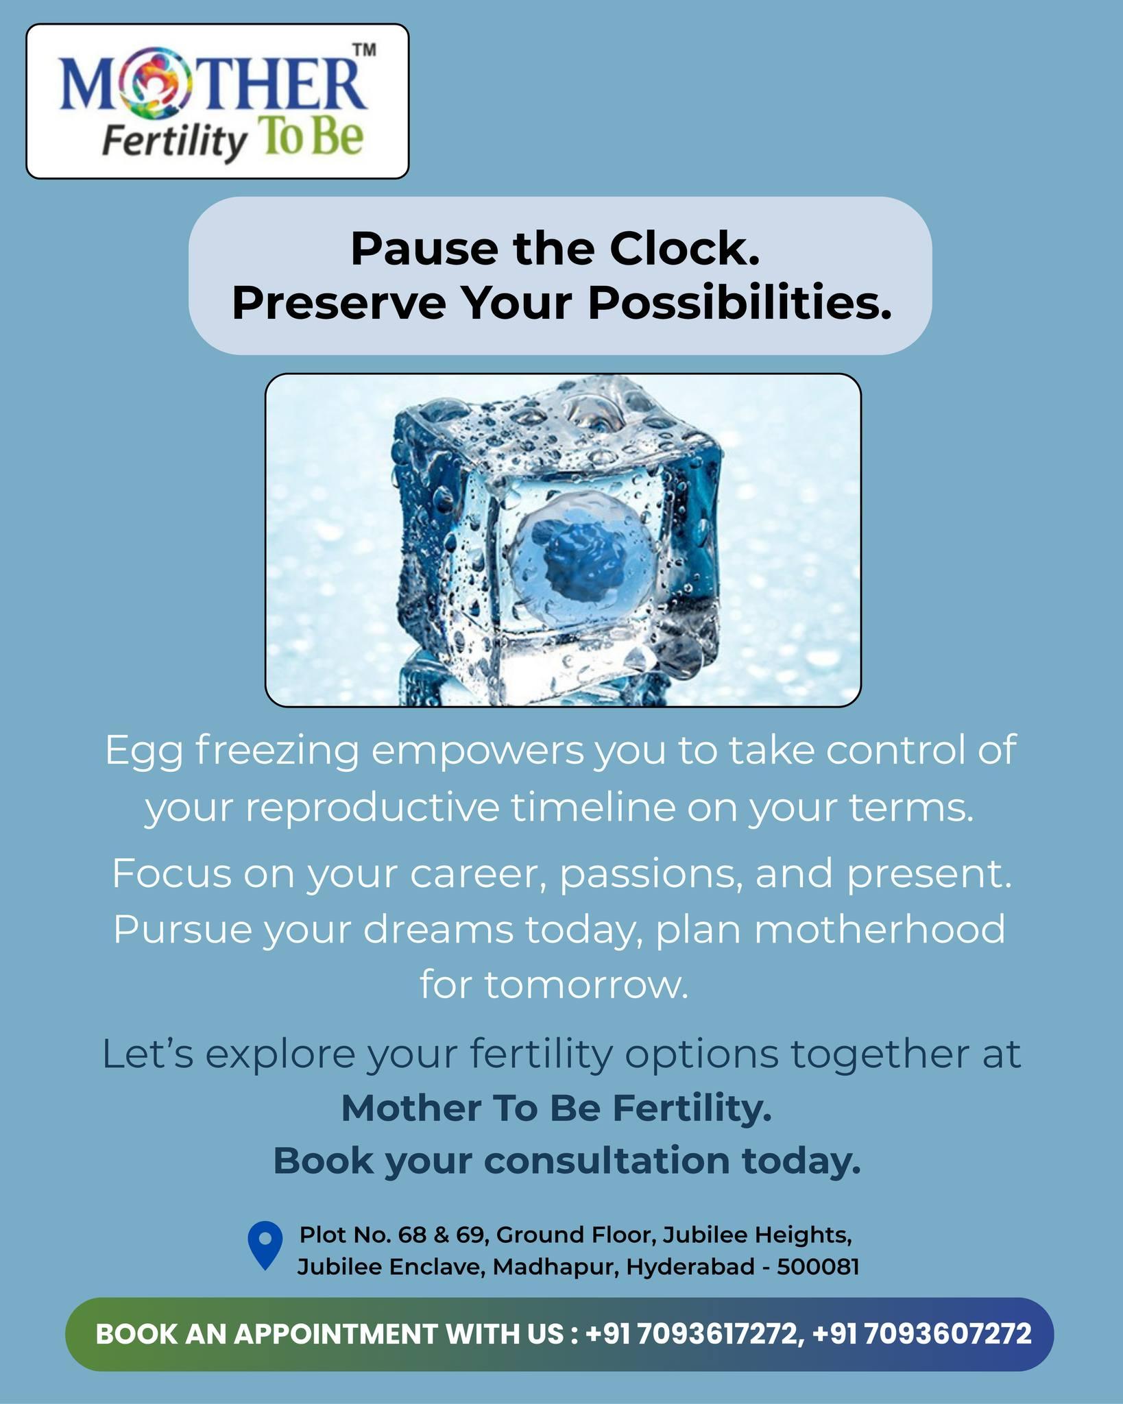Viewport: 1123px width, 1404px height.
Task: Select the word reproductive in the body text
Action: pyautogui.click(x=372, y=808)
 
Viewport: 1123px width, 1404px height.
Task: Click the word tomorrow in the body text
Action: pyautogui.click(x=585, y=985)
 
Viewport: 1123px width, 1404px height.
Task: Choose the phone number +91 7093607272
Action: pyautogui.click(x=921, y=1333)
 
